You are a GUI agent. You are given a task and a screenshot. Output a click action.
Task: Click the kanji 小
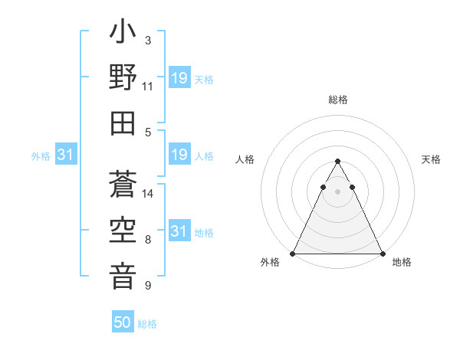[x=123, y=34]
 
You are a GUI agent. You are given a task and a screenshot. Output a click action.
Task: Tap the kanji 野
[x=123, y=79]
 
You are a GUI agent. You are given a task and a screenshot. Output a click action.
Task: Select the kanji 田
[x=123, y=123]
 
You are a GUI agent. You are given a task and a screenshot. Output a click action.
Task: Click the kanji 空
[x=123, y=231]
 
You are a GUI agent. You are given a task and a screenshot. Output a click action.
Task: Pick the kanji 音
[x=123, y=276]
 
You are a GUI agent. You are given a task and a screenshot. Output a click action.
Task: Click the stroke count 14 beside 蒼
[x=149, y=195]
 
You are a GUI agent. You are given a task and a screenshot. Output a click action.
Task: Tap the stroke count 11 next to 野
[x=148, y=87]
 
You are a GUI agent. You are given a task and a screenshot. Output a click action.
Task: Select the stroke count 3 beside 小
[x=148, y=40]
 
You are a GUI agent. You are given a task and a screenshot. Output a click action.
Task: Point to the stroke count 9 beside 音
[x=148, y=286]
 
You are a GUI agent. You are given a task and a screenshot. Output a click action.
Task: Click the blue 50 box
[x=123, y=322]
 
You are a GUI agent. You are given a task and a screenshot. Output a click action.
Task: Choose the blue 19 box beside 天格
[x=179, y=78]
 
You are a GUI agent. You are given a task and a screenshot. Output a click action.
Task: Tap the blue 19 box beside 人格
[x=179, y=155]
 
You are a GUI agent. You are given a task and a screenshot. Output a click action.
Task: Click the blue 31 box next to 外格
[x=66, y=155]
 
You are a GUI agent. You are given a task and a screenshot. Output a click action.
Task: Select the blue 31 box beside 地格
[x=179, y=231]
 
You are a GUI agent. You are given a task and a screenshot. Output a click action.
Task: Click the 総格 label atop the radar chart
[x=338, y=100]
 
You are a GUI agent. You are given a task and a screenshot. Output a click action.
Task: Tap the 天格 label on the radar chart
[x=432, y=159]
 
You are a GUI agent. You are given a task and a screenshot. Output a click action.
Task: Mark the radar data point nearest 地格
[x=383, y=253]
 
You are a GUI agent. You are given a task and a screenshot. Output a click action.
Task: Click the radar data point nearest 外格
[x=293, y=253]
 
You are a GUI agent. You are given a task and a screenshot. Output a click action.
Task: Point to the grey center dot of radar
[x=338, y=191]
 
